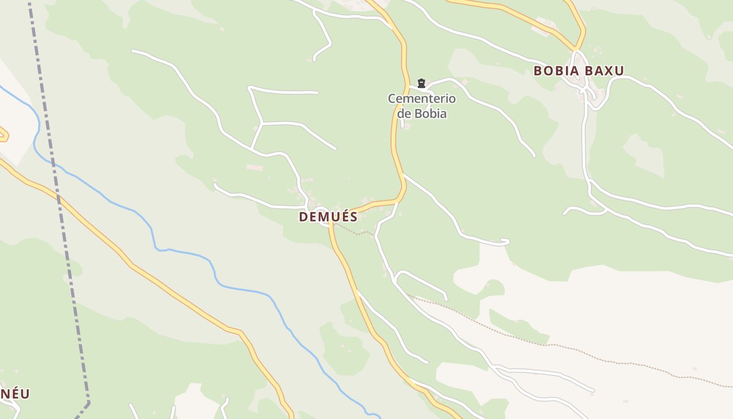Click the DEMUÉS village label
point(328,216)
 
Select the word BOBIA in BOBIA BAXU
point(557,71)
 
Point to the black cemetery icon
point(421,83)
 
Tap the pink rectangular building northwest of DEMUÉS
point(254,167)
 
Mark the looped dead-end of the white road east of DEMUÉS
point(505,241)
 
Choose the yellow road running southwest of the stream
point(157,283)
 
